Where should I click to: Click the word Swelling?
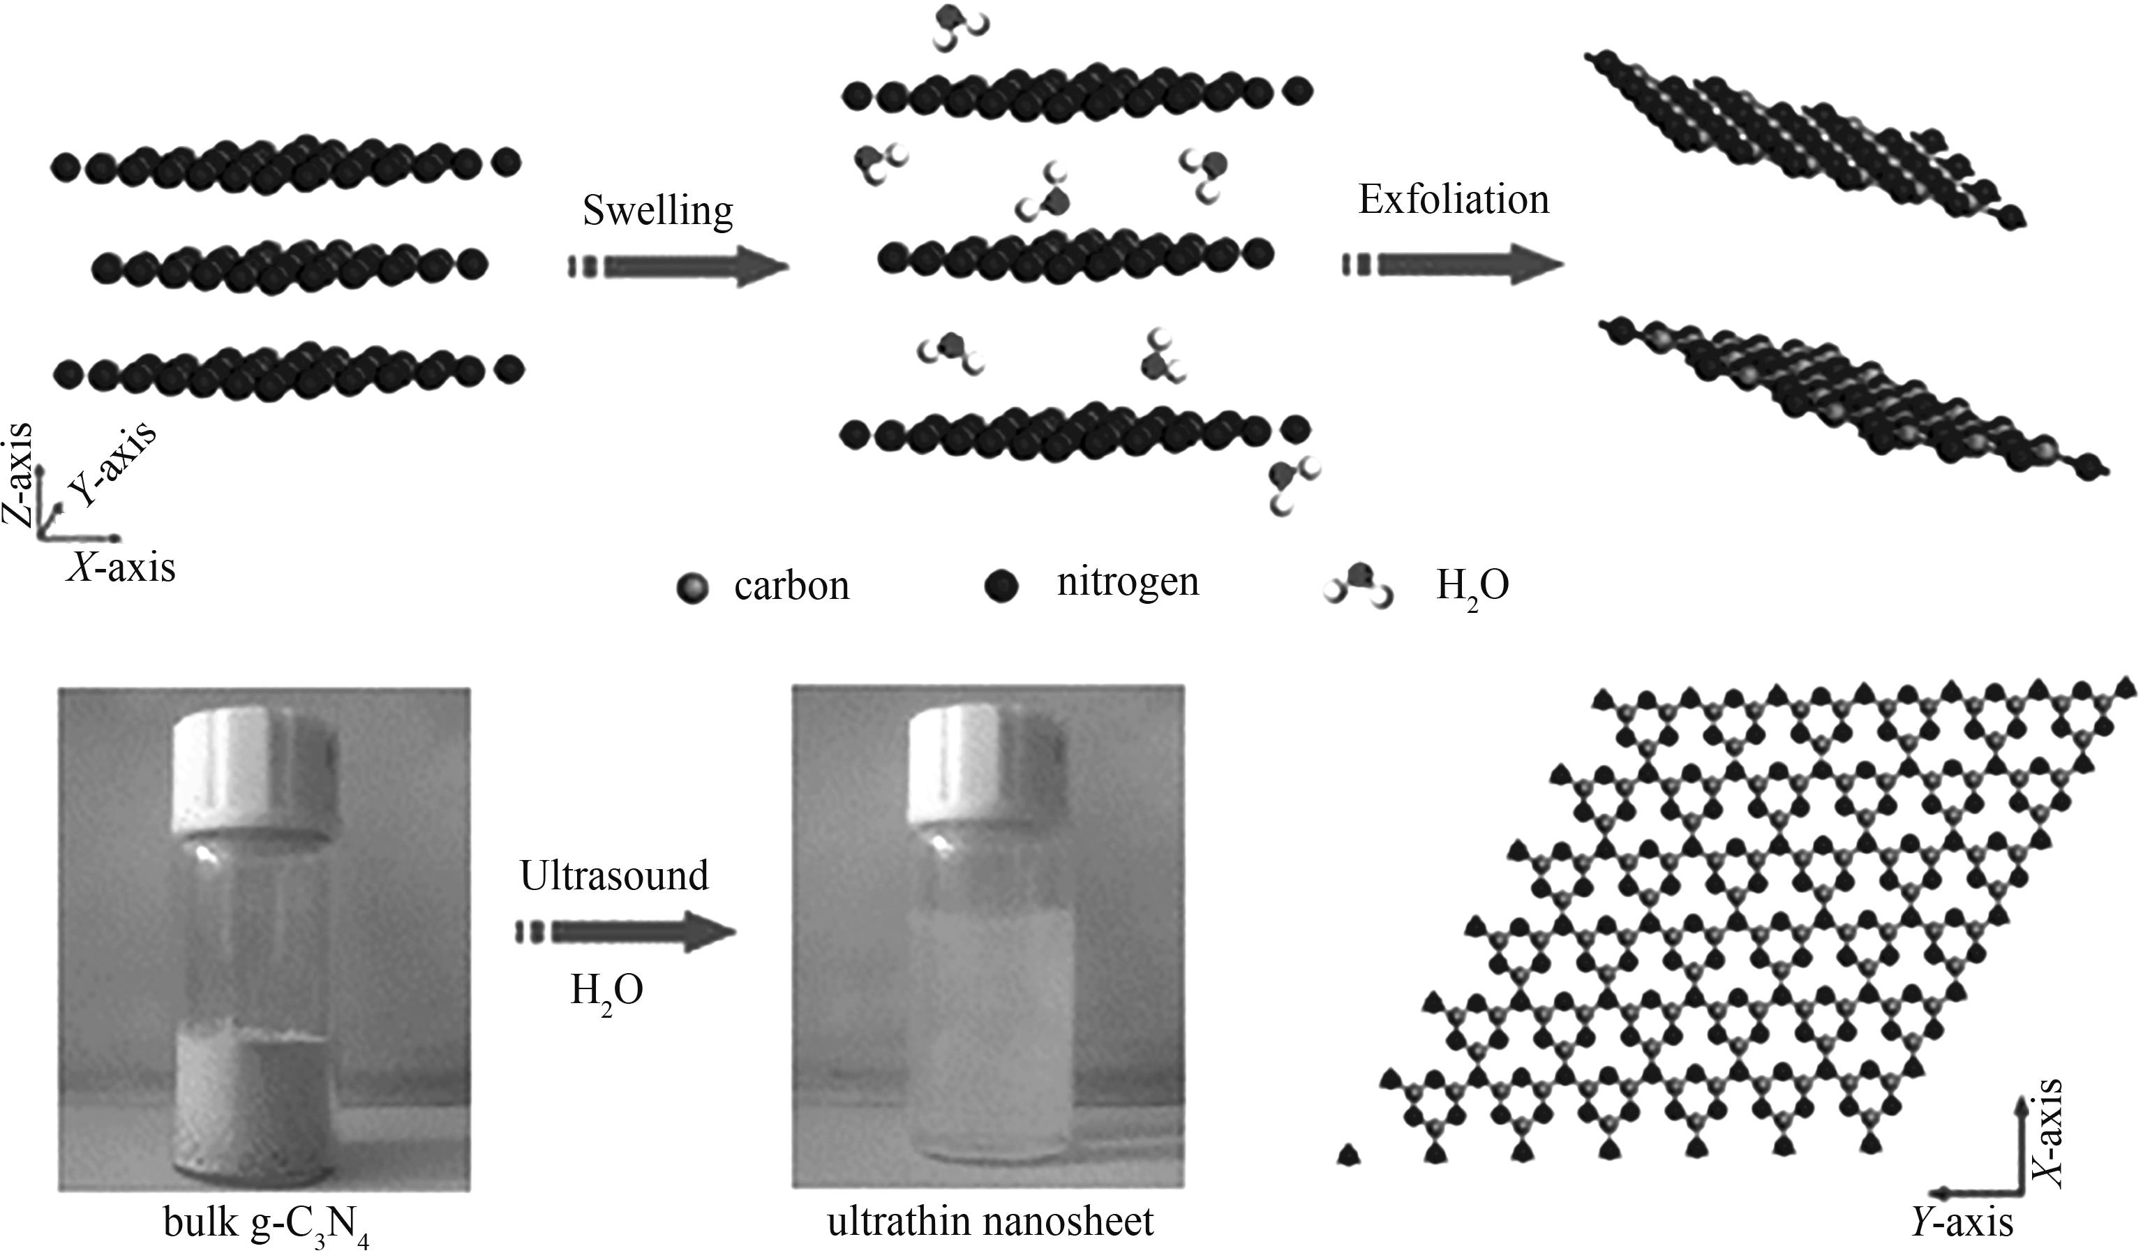point(657,211)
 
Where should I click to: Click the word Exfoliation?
point(1454,200)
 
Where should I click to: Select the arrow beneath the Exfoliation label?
point(1454,265)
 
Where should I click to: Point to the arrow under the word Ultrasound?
point(626,933)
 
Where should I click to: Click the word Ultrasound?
point(614,875)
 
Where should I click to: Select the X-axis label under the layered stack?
point(121,568)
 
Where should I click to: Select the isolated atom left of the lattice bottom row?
point(1348,1155)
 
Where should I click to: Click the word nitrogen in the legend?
point(1128,582)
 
